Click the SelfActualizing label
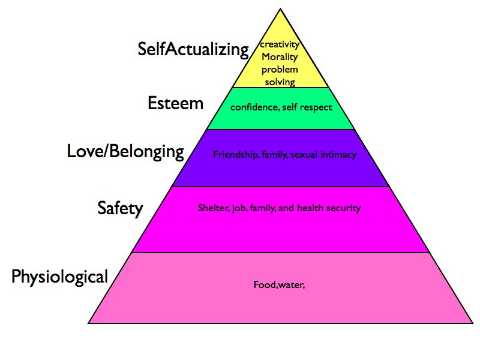click(193, 49)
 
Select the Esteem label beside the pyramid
click(175, 103)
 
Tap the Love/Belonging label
click(125, 151)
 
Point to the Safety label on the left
click(120, 209)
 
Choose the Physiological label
click(60, 277)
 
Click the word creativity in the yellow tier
click(280, 45)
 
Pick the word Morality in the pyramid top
click(280, 57)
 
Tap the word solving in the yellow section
click(280, 82)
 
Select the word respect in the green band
click(317, 108)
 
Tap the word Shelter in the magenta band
click(212, 209)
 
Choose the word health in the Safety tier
click(308, 209)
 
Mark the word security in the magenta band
click(342, 209)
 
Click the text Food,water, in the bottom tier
click(280, 284)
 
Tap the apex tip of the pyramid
click(280, 9)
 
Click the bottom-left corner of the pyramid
click(89, 323)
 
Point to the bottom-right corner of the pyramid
click(470, 323)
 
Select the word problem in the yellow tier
click(280, 70)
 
